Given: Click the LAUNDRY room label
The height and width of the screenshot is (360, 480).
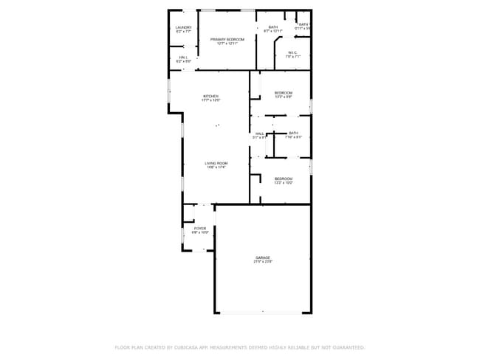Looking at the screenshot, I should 183,27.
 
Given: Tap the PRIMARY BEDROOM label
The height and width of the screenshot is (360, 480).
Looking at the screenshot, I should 227,38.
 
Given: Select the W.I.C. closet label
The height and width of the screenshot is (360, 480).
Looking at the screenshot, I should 292,52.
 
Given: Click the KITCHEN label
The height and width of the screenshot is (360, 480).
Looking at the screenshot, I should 211,96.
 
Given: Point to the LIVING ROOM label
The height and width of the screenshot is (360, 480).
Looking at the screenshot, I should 216,163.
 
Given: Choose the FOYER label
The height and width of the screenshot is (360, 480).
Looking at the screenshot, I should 200,229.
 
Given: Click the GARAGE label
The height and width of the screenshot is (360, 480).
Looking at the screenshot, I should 263,257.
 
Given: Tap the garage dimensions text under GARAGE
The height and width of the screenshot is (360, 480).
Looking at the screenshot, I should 263,262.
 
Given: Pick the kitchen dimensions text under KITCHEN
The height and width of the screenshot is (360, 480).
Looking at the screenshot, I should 211,100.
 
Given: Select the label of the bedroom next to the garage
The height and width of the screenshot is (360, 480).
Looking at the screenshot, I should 284,179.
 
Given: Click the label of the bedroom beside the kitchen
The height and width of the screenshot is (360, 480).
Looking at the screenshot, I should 284,92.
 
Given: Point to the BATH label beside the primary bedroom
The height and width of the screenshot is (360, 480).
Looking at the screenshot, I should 273,27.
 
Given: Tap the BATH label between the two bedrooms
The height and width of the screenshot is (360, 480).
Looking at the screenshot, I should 294,133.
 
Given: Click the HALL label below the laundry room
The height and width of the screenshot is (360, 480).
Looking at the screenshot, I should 183,57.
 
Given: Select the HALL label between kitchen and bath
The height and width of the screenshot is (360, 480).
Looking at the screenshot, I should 260,134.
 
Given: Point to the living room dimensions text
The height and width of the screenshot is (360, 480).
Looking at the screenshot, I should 216,167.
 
